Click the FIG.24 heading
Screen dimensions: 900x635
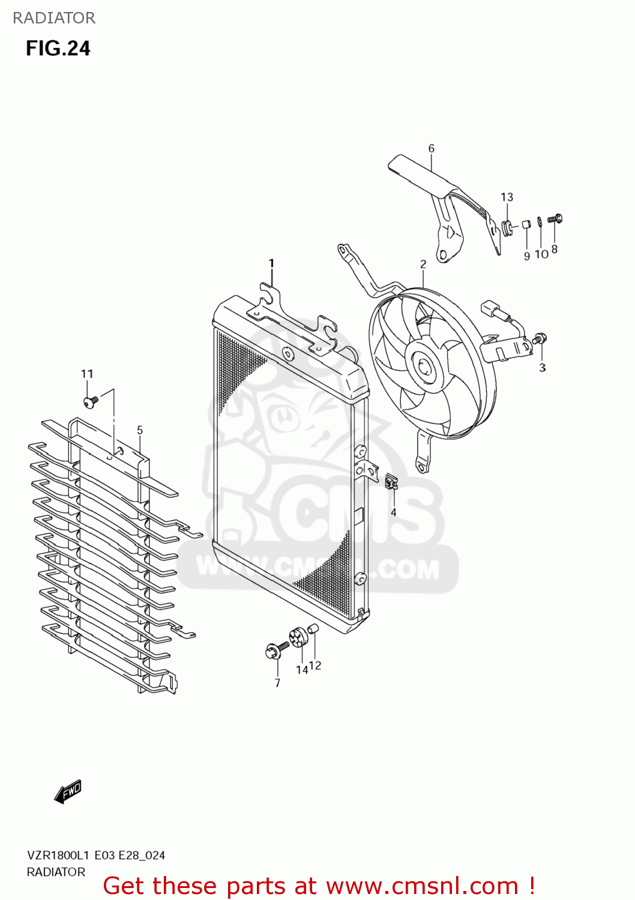click(x=58, y=49)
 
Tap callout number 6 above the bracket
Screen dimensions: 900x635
click(x=431, y=148)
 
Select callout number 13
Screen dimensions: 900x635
click(x=507, y=197)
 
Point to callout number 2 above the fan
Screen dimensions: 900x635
click(x=423, y=264)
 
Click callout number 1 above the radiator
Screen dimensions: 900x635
click(x=271, y=263)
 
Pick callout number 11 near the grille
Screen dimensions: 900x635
click(x=87, y=374)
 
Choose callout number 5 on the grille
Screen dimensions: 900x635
click(x=140, y=430)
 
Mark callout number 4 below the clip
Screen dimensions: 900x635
click(x=394, y=512)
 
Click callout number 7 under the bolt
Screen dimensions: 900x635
click(x=277, y=683)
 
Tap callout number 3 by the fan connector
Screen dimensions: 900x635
click(x=542, y=367)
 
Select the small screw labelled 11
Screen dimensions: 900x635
click(x=91, y=401)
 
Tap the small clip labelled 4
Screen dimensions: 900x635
click(x=392, y=481)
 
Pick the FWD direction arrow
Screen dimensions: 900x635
click(x=68, y=791)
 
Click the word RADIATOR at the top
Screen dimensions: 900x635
click(x=54, y=18)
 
